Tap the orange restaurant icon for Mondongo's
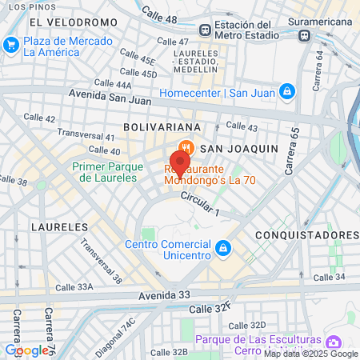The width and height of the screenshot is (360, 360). coord(186,147)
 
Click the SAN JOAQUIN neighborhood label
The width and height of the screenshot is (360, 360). coord(238,148)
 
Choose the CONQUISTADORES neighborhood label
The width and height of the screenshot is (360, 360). coord(307,234)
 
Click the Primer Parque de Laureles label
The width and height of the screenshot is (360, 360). coord(108,172)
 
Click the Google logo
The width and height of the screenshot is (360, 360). coord(26,350)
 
